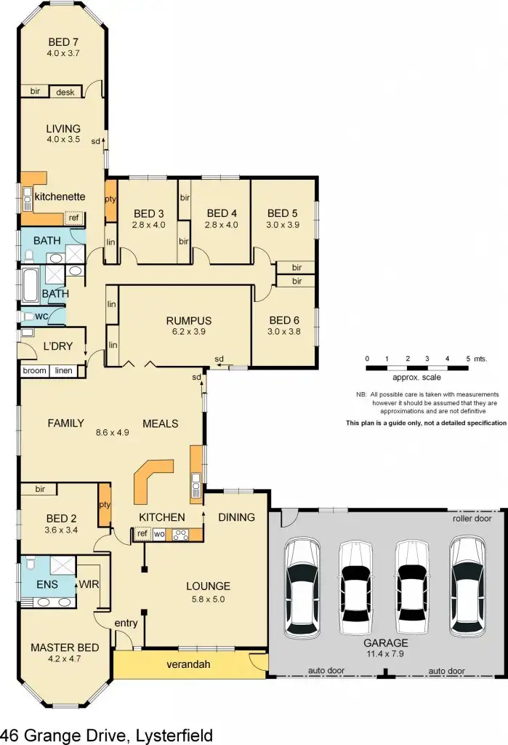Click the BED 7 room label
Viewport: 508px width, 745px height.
coord(63,41)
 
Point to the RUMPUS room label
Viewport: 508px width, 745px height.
coord(188,320)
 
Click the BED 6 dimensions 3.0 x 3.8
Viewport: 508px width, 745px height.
coord(283,331)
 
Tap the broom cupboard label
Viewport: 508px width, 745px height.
coord(34,371)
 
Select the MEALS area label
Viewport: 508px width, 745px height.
coord(160,423)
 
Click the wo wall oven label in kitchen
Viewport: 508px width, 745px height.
coord(158,535)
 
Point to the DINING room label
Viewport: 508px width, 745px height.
coord(236,517)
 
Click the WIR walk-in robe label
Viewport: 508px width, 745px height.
coord(88,583)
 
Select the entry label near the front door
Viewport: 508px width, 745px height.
coord(126,624)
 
